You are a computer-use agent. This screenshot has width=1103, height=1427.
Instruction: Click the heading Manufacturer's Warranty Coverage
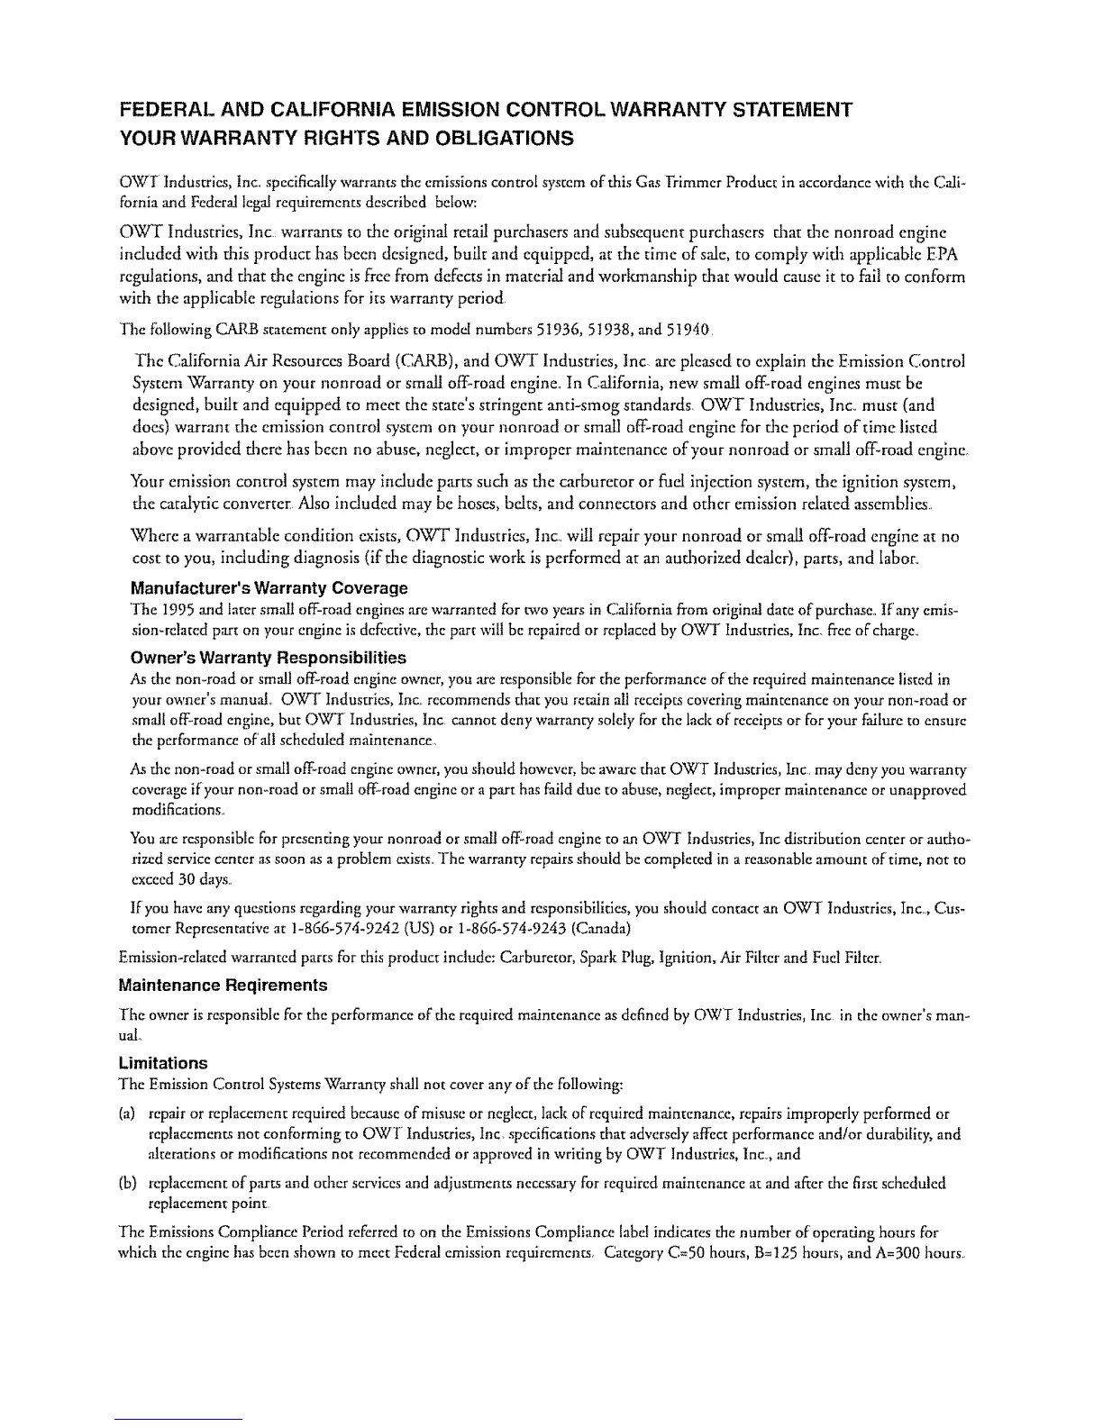(x=269, y=588)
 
